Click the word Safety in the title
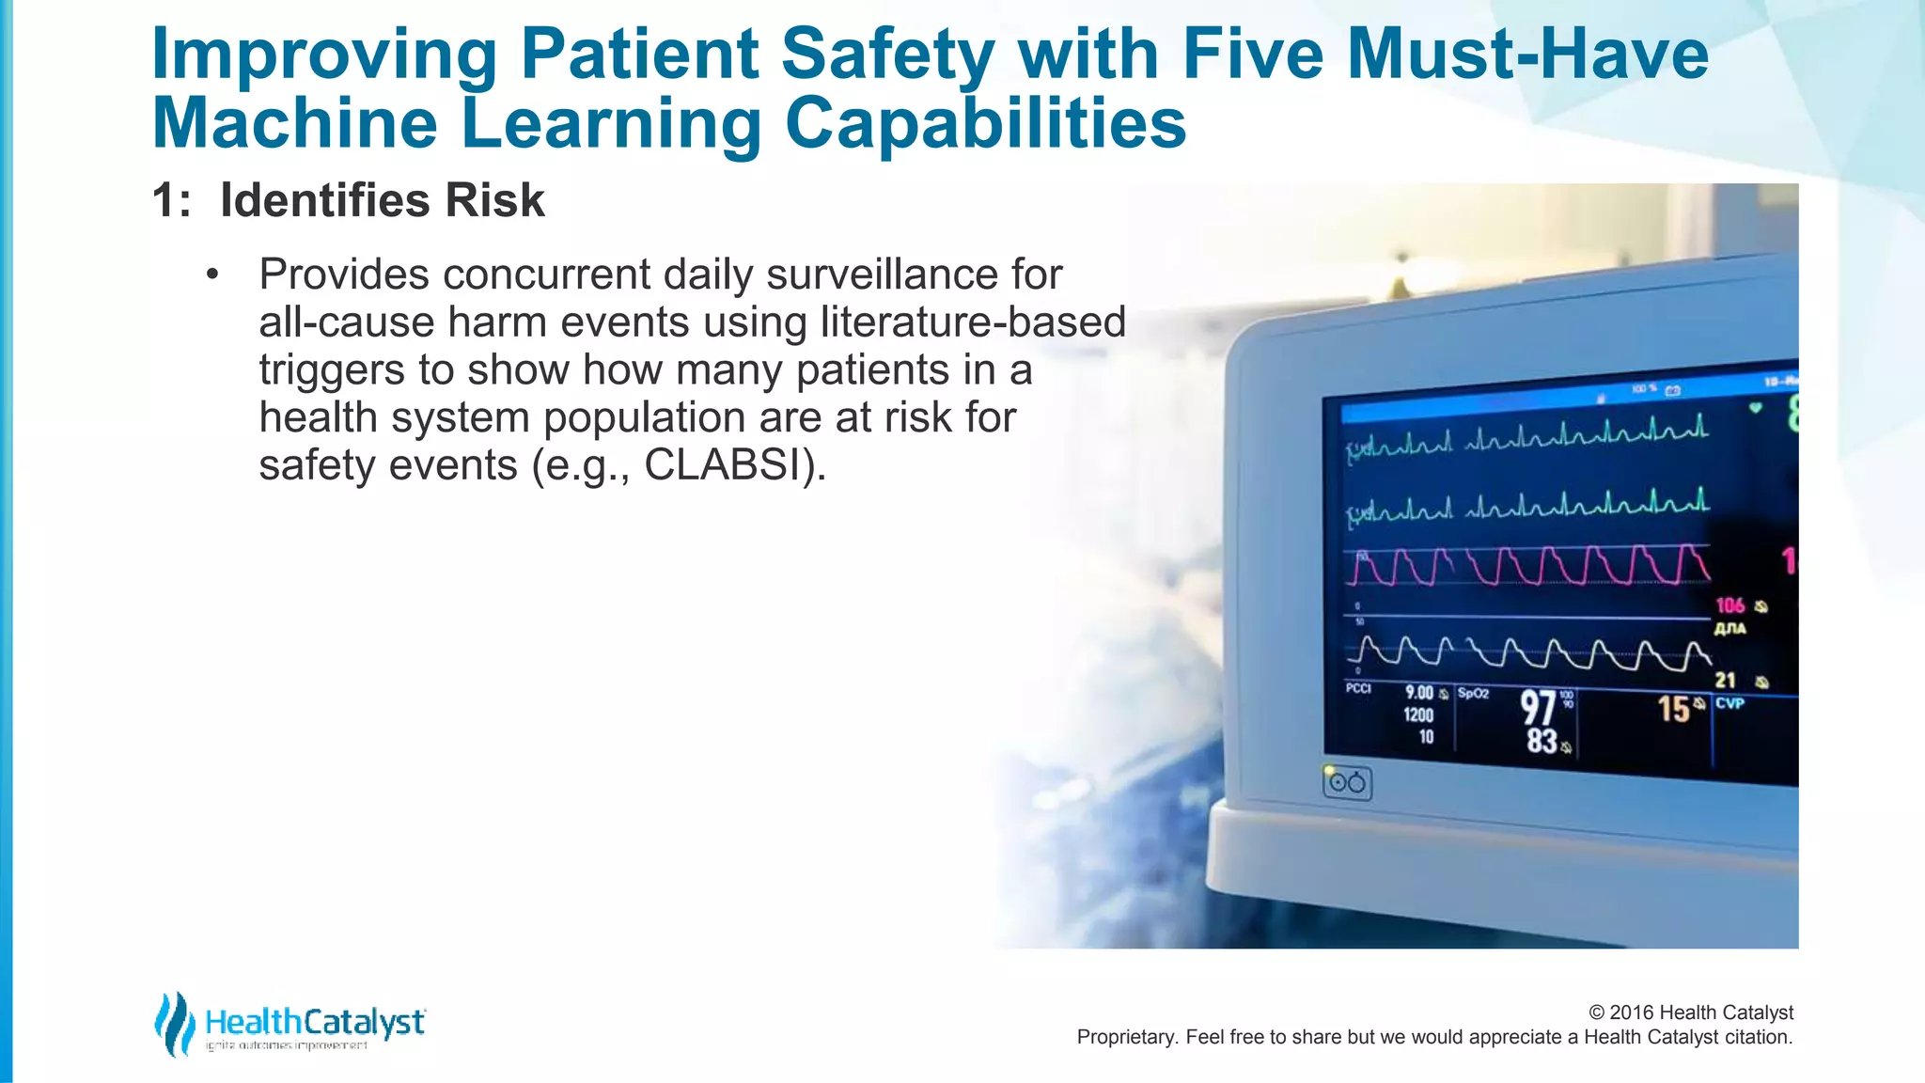(x=886, y=55)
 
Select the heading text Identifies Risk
(x=382, y=200)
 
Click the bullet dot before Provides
(x=212, y=275)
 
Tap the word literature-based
(x=973, y=322)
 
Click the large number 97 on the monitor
(x=1539, y=707)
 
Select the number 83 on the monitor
(x=1542, y=741)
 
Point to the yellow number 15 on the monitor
(x=1673, y=709)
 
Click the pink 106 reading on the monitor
(x=1729, y=605)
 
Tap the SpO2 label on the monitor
(x=1473, y=694)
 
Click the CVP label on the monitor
(x=1729, y=703)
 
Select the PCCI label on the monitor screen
(x=1358, y=689)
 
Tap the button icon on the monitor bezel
(x=1347, y=783)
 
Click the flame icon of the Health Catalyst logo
(x=174, y=1024)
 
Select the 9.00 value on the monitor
(x=1418, y=693)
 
